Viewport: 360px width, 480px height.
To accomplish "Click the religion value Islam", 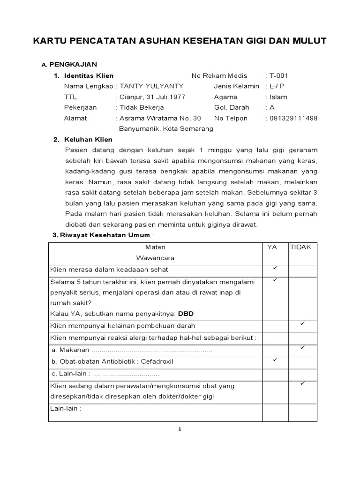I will click(278, 97).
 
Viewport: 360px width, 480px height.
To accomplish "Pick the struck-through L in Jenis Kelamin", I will click(272, 86).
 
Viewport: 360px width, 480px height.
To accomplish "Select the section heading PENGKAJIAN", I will click(73, 64).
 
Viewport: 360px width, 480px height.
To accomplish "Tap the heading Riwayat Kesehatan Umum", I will click(105, 235).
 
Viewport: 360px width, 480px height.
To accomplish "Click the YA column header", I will click(272, 247).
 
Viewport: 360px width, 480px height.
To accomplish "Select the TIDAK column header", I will click(300, 247).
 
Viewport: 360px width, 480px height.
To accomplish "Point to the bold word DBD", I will click(186, 313).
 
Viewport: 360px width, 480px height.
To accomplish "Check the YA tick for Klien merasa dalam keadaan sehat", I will click(275, 268).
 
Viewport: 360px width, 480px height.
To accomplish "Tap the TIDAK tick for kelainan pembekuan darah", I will click(302, 324).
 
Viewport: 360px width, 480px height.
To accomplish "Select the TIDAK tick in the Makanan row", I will click(302, 348).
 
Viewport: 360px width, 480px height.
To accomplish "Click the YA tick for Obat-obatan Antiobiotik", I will click(275, 360).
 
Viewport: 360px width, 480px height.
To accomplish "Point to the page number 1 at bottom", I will click(180, 430).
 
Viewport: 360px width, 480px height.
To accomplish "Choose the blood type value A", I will click(271, 107).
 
